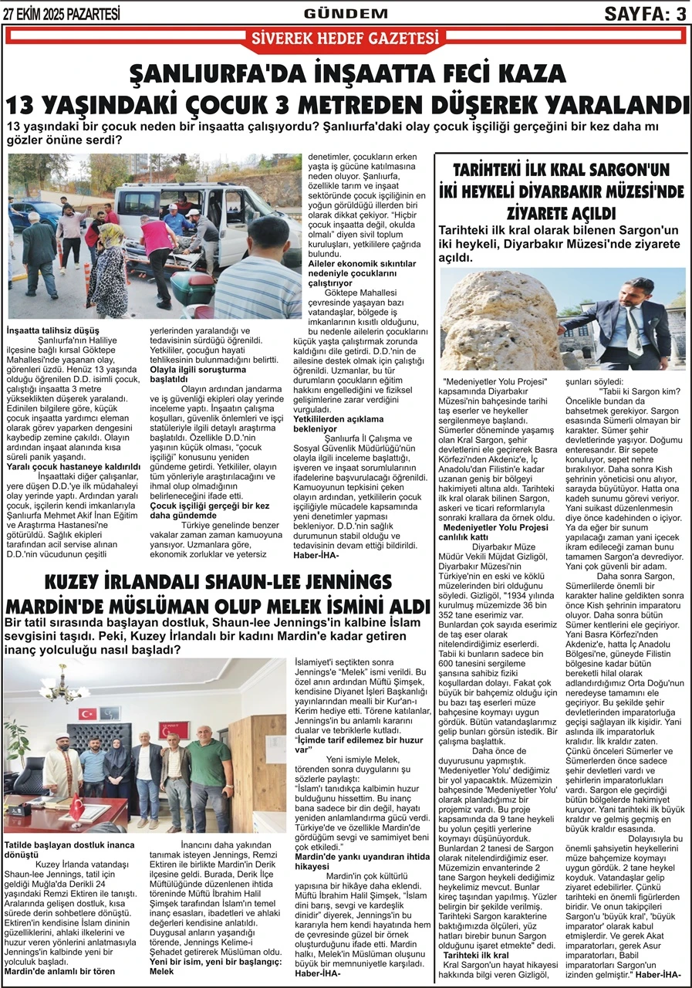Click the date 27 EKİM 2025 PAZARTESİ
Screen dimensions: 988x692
62,13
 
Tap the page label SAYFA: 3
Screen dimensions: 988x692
644,13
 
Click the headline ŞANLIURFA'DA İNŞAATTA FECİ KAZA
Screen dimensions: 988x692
347,74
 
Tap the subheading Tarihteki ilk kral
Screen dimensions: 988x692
476,955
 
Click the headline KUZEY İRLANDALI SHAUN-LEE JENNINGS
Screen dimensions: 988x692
218,581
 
